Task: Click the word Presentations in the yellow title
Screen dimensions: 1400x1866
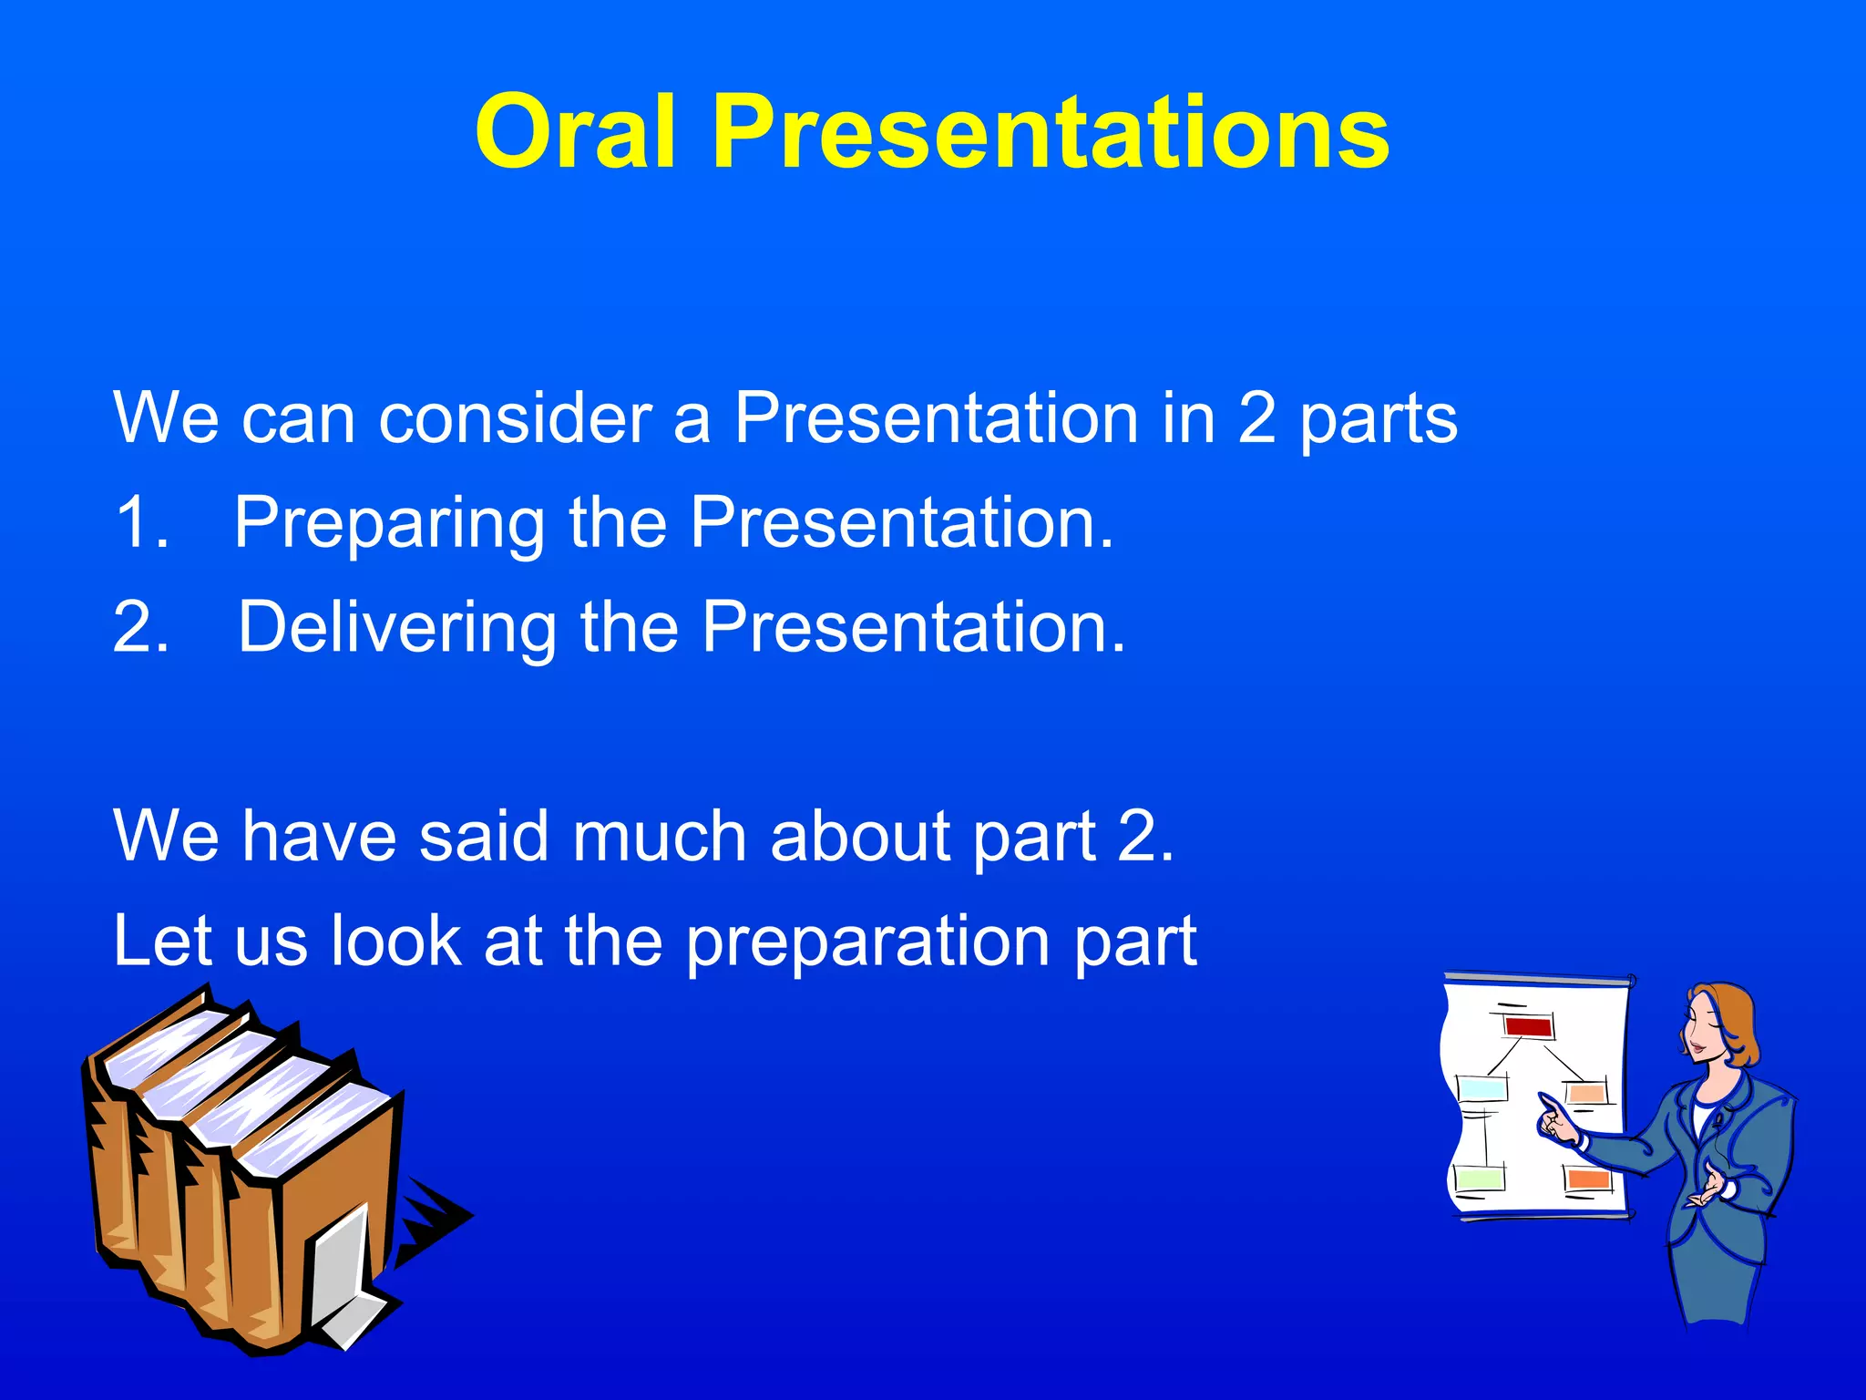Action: tap(1050, 132)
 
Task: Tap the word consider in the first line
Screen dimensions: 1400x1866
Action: tap(515, 418)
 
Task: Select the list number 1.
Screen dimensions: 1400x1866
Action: tap(142, 523)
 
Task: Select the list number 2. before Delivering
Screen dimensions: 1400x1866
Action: tap(142, 628)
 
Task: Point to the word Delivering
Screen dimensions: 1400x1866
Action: tap(396, 628)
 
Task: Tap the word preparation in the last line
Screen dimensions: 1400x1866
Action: tap(868, 942)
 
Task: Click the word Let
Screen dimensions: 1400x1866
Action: tap(162, 941)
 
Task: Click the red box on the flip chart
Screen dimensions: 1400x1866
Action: tap(1528, 1027)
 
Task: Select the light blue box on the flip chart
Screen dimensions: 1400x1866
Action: tap(1482, 1087)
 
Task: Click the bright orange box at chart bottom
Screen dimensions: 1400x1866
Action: tap(1589, 1179)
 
